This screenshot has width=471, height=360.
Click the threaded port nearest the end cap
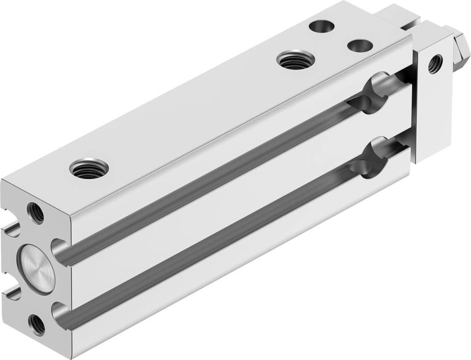point(89,168)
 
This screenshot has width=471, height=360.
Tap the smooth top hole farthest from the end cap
point(322,26)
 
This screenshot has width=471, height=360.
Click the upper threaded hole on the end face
point(36,213)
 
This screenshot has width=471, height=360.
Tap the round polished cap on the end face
point(36,269)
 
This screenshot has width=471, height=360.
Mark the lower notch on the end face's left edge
point(12,294)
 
